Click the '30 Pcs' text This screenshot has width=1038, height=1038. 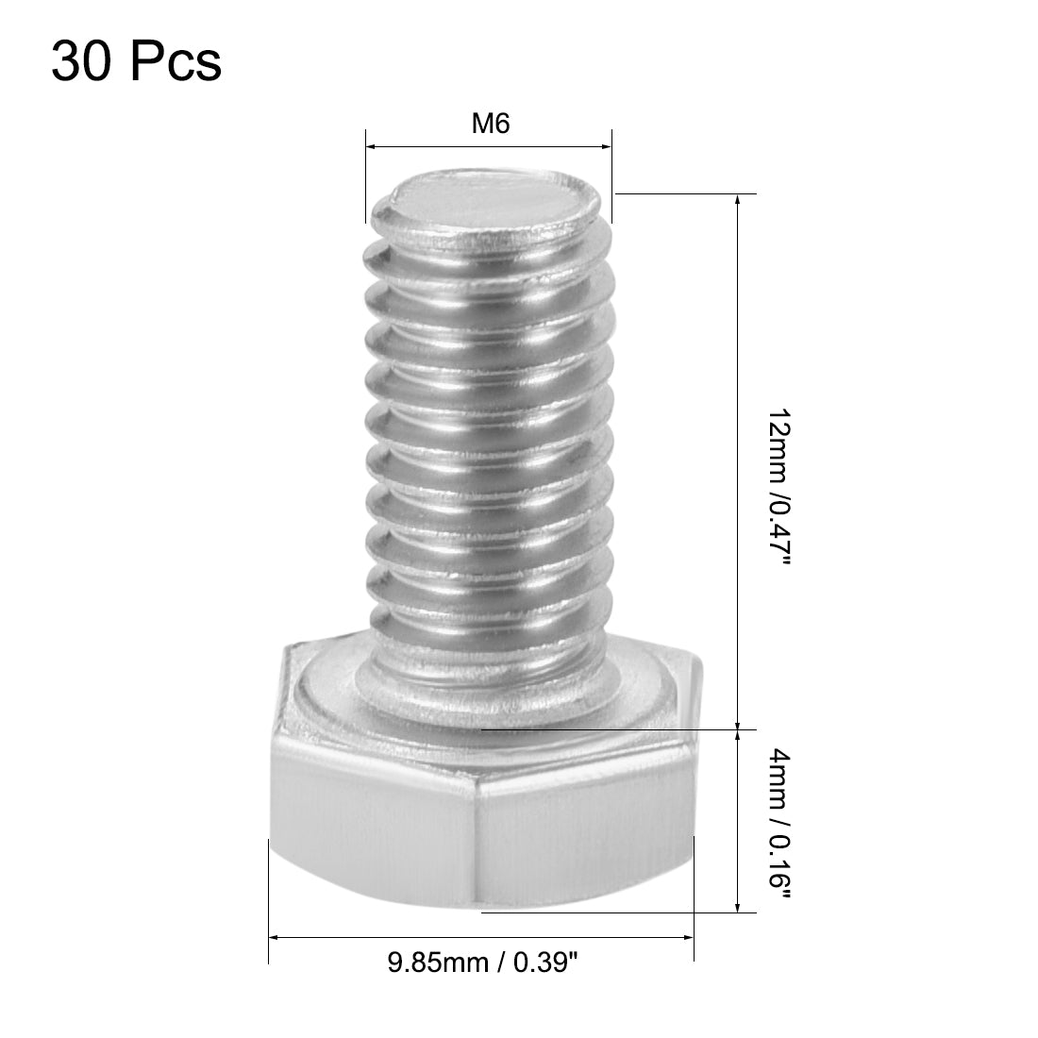click(x=137, y=62)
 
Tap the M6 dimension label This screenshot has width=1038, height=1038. click(x=491, y=125)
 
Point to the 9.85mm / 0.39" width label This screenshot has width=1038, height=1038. click(x=482, y=963)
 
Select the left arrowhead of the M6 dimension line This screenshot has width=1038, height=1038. click(x=371, y=147)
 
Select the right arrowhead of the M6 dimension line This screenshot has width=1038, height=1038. click(x=606, y=147)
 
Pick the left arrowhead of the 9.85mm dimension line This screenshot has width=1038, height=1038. click(x=276, y=937)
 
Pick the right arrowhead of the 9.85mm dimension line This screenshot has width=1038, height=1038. click(x=689, y=937)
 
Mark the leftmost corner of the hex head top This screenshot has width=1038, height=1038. click(x=272, y=727)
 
